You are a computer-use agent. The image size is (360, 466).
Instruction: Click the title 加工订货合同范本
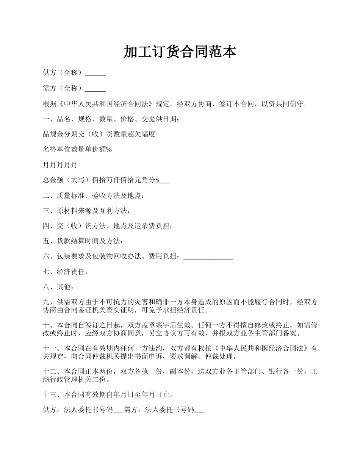[180, 52]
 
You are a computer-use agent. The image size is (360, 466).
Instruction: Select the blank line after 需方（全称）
[95, 89]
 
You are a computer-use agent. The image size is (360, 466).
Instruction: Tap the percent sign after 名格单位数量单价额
[109, 149]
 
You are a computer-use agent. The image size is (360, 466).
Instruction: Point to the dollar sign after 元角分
[157, 180]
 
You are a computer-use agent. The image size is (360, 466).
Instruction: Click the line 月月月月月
[60, 165]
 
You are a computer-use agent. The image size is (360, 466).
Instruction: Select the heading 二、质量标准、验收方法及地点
[93, 195]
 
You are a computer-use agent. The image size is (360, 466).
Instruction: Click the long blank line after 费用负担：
[208, 258]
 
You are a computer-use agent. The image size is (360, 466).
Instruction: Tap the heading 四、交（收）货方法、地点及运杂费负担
[108, 226]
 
